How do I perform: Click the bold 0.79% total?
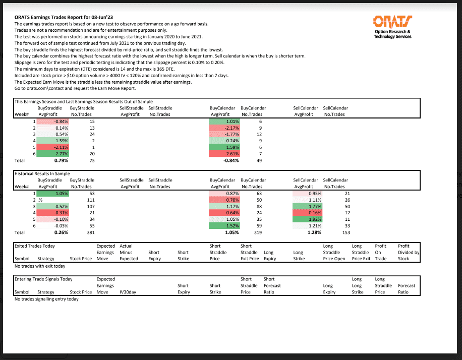(x=61, y=160)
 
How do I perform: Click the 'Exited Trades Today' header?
(x=35, y=246)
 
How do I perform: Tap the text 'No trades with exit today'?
(x=40, y=266)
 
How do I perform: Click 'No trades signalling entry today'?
(x=47, y=299)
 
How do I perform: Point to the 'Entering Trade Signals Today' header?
(x=44, y=279)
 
